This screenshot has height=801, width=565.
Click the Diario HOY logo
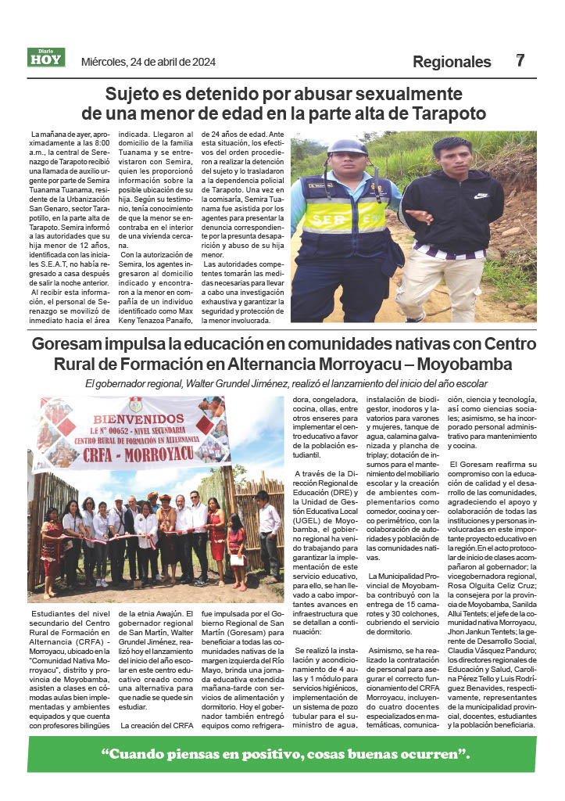[46, 58]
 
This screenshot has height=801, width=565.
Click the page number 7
[520, 60]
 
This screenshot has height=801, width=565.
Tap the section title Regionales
[452, 62]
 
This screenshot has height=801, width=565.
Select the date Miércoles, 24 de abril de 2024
[148, 62]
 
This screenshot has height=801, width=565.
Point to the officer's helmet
[347, 148]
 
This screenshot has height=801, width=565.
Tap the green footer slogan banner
[282, 754]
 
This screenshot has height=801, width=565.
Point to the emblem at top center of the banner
[136, 404]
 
